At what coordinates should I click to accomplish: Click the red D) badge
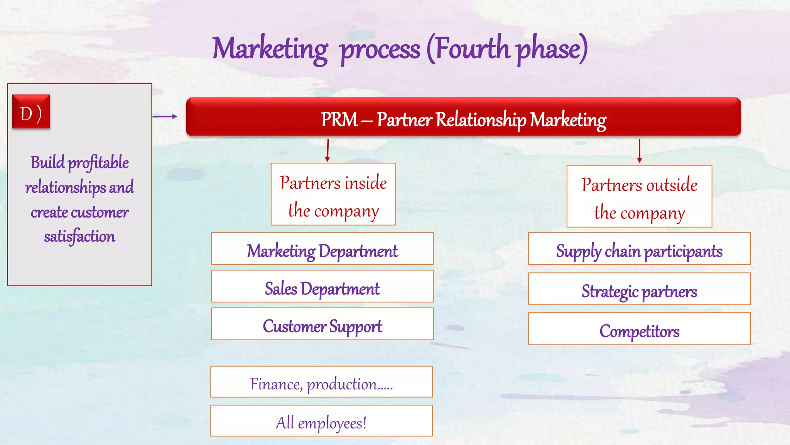(x=31, y=112)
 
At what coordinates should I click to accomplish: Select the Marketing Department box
(x=322, y=249)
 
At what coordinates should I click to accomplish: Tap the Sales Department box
(x=322, y=286)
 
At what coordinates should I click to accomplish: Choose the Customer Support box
(x=322, y=324)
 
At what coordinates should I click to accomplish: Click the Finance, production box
(x=321, y=382)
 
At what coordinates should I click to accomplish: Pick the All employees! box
(x=321, y=421)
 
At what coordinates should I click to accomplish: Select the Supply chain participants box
(x=639, y=249)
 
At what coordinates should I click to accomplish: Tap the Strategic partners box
(x=639, y=289)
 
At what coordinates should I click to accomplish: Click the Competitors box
(x=639, y=329)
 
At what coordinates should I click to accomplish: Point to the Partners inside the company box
(x=333, y=194)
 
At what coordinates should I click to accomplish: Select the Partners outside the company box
(x=639, y=196)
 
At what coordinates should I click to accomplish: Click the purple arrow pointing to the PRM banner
(x=165, y=116)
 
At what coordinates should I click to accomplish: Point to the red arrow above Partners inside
(x=327, y=150)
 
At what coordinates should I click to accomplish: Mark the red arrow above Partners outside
(x=639, y=151)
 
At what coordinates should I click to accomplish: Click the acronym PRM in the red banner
(x=339, y=119)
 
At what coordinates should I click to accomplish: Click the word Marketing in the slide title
(x=270, y=49)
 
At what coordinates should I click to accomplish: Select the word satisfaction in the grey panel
(x=79, y=236)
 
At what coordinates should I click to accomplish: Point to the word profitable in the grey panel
(x=98, y=163)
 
